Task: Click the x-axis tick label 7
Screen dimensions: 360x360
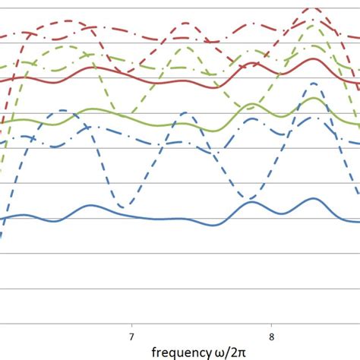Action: [x=131, y=336]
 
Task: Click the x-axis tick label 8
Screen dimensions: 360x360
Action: [x=272, y=336]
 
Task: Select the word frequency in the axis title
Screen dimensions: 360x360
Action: [x=182, y=352]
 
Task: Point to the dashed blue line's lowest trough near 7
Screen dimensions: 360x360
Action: [x=127, y=205]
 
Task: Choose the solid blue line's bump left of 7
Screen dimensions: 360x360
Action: [x=90, y=205]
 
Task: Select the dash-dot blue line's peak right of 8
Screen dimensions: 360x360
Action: [x=313, y=118]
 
